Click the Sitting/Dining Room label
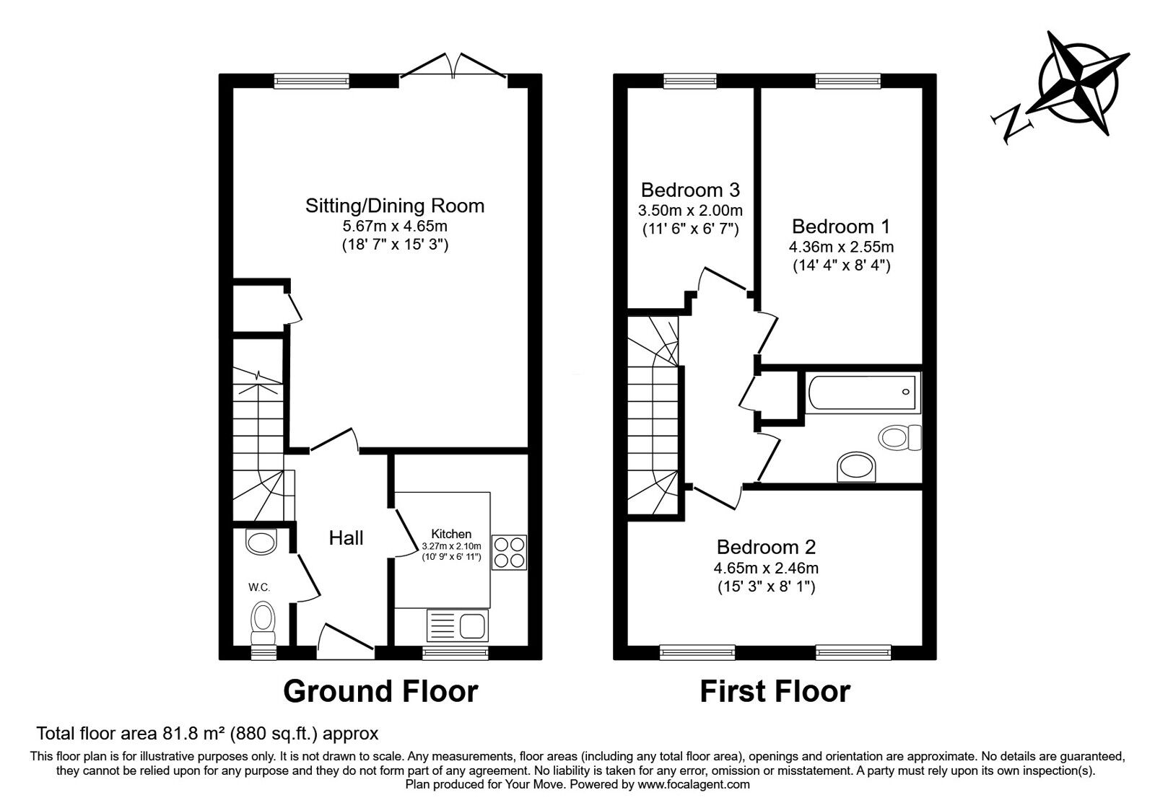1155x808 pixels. (394, 206)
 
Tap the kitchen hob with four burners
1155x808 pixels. (509, 552)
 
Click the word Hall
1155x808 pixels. (346, 537)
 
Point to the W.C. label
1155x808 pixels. (259, 587)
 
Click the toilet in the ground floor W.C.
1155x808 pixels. (263, 622)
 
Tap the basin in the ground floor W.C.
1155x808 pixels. (261, 540)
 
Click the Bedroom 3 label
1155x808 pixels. (690, 190)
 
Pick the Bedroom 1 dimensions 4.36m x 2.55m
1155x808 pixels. (841, 247)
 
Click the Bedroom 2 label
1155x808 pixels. (766, 546)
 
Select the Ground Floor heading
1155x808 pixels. (380, 691)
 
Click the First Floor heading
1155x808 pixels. (775, 691)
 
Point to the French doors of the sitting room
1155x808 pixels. (453, 66)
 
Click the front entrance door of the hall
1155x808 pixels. (345, 641)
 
